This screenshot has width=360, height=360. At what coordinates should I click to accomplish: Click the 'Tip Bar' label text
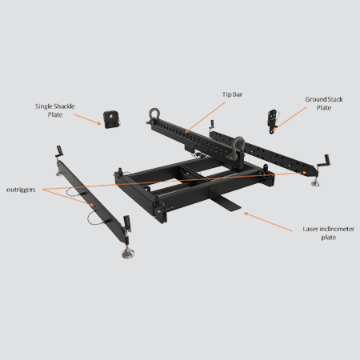[x=233, y=94]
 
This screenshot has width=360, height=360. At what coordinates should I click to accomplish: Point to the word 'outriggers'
[x=22, y=189]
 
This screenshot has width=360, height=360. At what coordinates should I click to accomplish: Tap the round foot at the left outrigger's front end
[x=127, y=254]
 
